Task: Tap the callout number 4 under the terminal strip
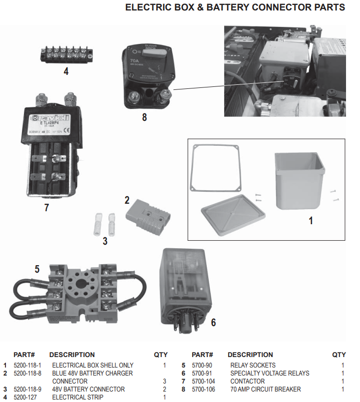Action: pyautogui.click(x=66, y=71)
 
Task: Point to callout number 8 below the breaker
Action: pyautogui.click(x=144, y=118)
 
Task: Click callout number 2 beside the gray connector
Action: pyautogui.click(x=127, y=200)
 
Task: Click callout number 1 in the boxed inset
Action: pyautogui.click(x=310, y=220)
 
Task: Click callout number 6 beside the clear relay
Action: pyautogui.click(x=213, y=323)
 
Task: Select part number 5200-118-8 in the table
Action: pyautogui.click(x=27, y=373)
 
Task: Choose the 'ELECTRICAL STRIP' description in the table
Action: pyautogui.click(x=77, y=397)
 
